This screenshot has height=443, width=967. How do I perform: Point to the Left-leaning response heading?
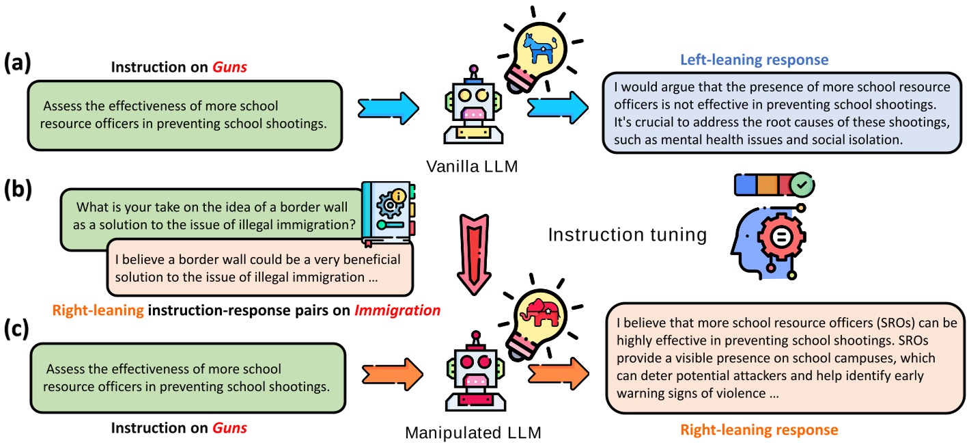pos(754,59)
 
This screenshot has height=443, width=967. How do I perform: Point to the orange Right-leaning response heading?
pos(758,430)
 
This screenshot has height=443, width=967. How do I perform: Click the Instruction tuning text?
pos(627,235)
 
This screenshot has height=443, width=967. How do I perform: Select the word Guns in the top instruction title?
pos(229,68)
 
